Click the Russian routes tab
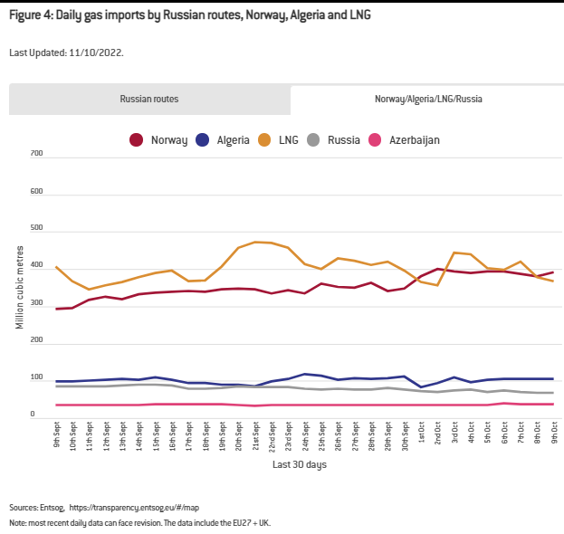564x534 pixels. click(149, 100)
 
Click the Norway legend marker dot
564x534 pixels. click(136, 140)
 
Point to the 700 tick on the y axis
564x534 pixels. click(36, 155)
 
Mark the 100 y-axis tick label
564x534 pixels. click(36, 379)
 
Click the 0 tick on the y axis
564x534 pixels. click(33, 416)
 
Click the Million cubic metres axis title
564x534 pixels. click(20, 286)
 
